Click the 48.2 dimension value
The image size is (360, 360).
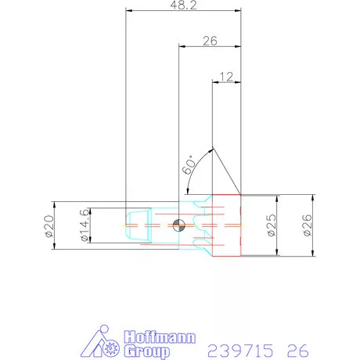(x=182, y=5)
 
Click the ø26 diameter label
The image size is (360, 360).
(x=307, y=226)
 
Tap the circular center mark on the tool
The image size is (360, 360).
(x=179, y=226)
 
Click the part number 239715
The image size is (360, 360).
(x=233, y=348)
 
